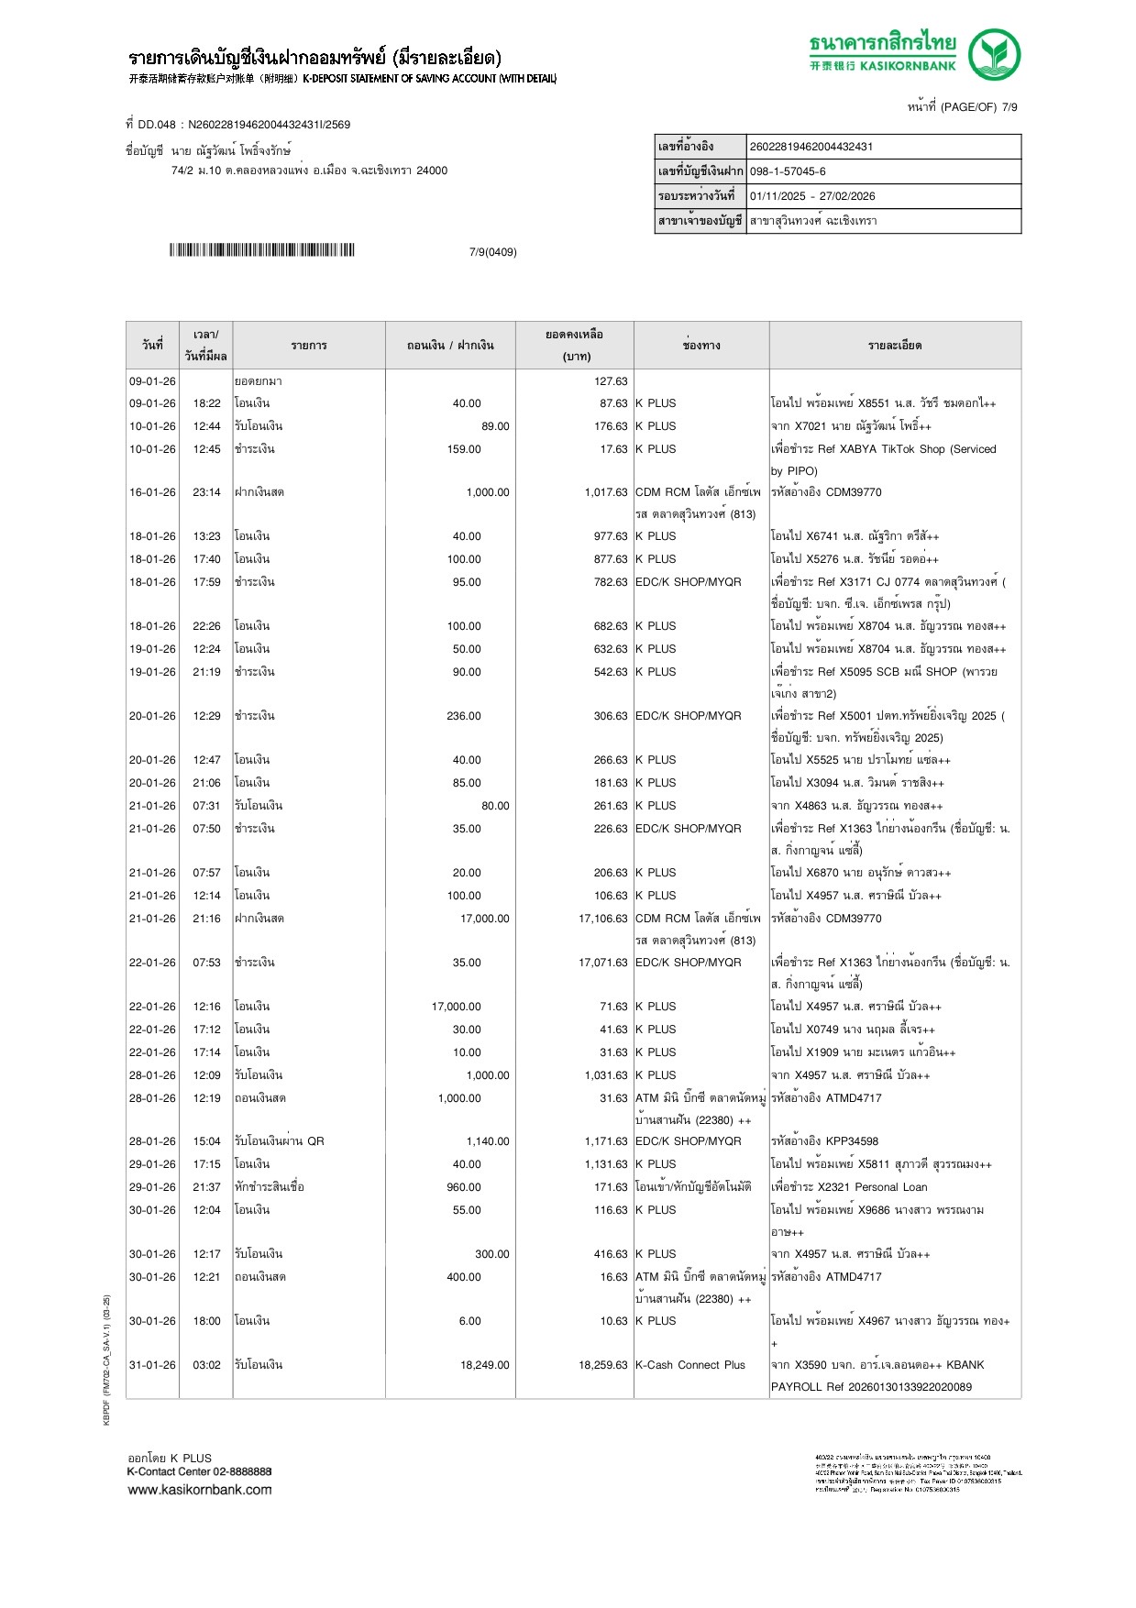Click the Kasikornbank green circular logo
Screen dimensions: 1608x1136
point(994,54)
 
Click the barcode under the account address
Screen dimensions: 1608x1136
point(261,250)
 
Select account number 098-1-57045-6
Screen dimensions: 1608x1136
point(788,171)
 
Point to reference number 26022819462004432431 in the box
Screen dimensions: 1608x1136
point(811,147)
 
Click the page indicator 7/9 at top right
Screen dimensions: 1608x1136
point(1009,107)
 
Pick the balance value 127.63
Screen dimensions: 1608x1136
point(611,381)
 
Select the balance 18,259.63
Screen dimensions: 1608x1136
point(602,1365)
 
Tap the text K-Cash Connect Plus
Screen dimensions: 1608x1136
point(690,1365)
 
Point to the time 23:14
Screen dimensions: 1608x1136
point(206,492)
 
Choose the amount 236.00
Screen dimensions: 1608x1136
point(463,716)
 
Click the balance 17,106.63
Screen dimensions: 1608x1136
point(602,919)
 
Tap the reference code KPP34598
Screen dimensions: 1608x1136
point(852,1141)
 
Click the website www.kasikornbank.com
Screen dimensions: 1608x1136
point(200,1490)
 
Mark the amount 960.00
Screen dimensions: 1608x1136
point(463,1187)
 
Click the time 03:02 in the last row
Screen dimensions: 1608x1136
point(206,1365)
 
